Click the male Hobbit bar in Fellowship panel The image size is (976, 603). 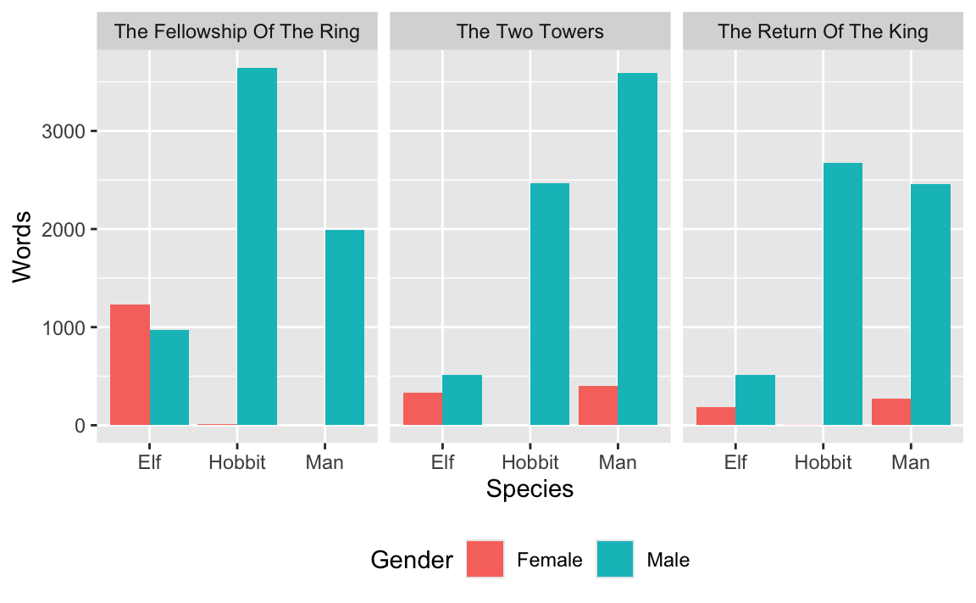[257, 246]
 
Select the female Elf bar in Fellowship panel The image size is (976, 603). [130, 365]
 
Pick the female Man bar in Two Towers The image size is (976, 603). [598, 405]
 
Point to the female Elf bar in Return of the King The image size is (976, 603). [716, 416]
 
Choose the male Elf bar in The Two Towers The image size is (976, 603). [462, 399]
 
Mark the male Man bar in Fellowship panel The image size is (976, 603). [344, 327]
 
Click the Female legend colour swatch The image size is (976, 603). [485, 560]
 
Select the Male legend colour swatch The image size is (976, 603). [615, 560]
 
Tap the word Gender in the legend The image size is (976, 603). [412, 560]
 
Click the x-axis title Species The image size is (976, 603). [530, 489]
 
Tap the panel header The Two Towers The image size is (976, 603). [530, 32]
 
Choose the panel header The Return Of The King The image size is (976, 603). [823, 32]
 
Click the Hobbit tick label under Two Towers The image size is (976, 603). [530, 462]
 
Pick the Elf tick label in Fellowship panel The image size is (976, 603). [150, 462]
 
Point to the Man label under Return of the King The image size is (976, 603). [911, 462]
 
